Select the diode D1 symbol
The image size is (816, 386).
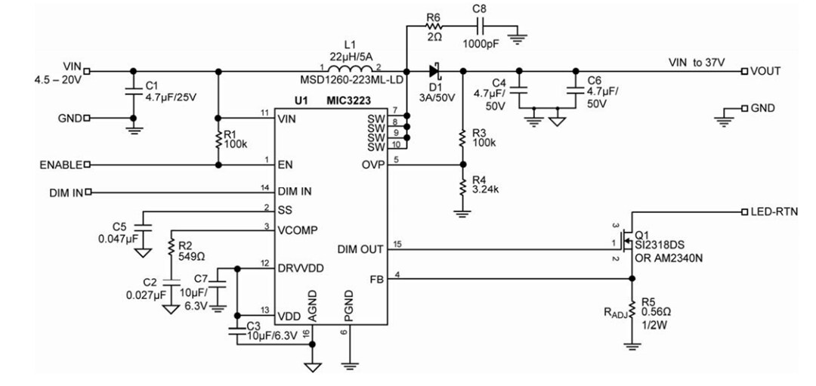pyautogui.click(x=434, y=71)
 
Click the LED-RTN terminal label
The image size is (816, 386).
pyautogui.click(x=771, y=211)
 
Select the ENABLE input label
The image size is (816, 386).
pyautogui.click(x=60, y=164)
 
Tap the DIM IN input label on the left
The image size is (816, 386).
pyautogui.click(x=66, y=193)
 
